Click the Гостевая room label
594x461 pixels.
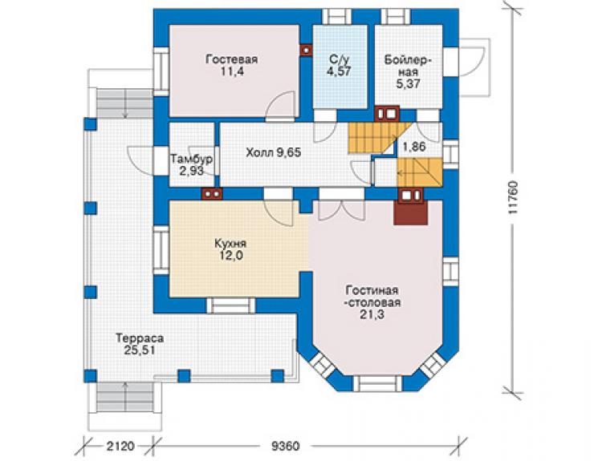(x=231, y=59)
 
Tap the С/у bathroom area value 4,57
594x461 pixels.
(x=340, y=71)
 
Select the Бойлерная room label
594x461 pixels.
(x=408, y=67)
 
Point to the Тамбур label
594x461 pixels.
(x=191, y=159)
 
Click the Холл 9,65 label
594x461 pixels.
(x=273, y=152)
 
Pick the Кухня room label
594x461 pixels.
(x=230, y=243)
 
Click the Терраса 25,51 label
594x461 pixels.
(x=140, y=344)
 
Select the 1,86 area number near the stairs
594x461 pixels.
(x=414, y=147)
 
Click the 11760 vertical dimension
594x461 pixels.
(x=512, y=197)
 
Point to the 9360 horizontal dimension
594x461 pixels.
(x=285, y=447)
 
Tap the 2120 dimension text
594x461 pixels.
(x=120, y=447)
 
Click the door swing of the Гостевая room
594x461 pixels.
(x=280, y=106)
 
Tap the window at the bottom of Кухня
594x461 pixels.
(x=230, y=305)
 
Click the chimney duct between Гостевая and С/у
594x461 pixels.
(x=306, y=51)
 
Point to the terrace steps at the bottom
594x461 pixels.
(x=125, y=397)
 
